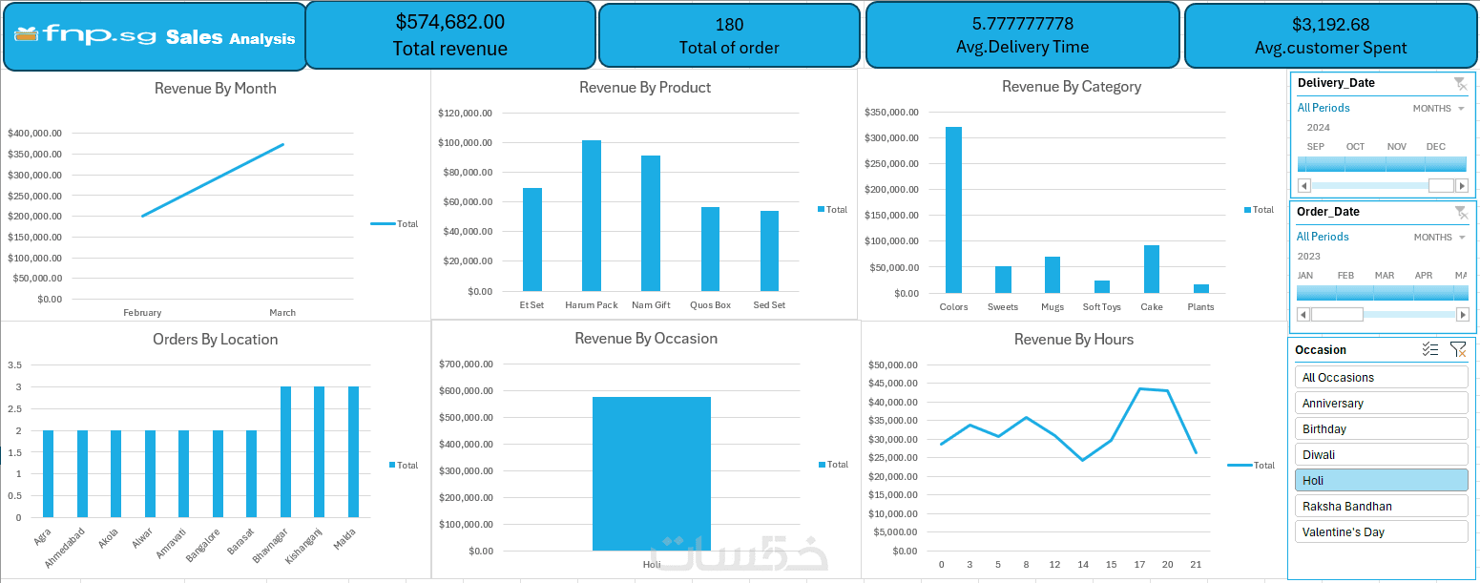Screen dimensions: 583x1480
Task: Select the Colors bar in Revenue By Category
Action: [953, 210]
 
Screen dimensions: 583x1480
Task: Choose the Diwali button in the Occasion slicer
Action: [1381, 455]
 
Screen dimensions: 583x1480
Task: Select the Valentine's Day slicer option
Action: [1381, 532]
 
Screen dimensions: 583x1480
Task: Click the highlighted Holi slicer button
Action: [1381, 481]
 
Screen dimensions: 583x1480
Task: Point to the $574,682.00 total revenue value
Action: [450, 22]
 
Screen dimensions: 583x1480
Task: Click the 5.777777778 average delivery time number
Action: [1022, 23]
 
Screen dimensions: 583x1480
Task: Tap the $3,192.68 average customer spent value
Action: [1330, 25]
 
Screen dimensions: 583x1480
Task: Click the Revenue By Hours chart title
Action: [1074, 340]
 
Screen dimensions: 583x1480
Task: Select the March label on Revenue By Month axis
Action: [282, 313]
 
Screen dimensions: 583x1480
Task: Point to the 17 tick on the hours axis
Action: [1139, 565]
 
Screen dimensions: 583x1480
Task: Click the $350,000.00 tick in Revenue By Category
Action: [891, 113]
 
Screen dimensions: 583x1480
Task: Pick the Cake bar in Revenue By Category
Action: [1152, 269]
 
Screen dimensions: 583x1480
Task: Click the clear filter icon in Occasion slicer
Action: [1458, 350]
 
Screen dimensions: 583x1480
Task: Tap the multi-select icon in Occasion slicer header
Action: [1429, 350]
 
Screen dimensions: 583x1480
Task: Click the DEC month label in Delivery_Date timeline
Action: [1435, 147]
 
